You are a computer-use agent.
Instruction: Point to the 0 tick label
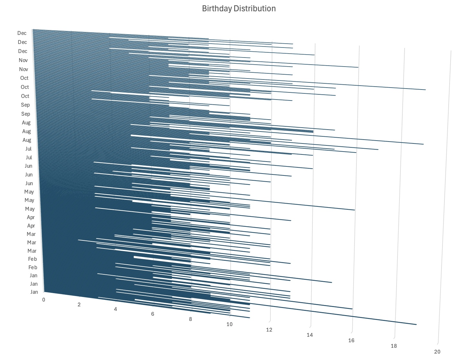pos(44,300)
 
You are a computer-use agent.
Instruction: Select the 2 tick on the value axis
pos(79,304)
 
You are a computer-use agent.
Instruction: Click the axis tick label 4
pos(115,309)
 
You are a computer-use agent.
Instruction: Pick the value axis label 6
pos(153,314)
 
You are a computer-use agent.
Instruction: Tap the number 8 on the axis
pos(191,319)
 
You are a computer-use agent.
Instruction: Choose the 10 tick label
pos(229,324)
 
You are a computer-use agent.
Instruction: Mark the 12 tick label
pos(269,330)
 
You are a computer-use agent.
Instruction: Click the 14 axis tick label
pos(310,335)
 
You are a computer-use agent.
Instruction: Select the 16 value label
pos(351,340)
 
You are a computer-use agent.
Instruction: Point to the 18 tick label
pos(394,346)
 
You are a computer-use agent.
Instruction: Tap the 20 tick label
pos(437,352)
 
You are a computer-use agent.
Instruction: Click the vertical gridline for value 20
pos(444,194)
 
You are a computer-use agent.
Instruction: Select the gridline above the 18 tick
pos(400,194)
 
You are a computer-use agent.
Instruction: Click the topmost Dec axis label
pos(22,33)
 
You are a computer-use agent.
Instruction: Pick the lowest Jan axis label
pos(34,292)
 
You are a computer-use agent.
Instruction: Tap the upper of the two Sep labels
pos(25,105)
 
